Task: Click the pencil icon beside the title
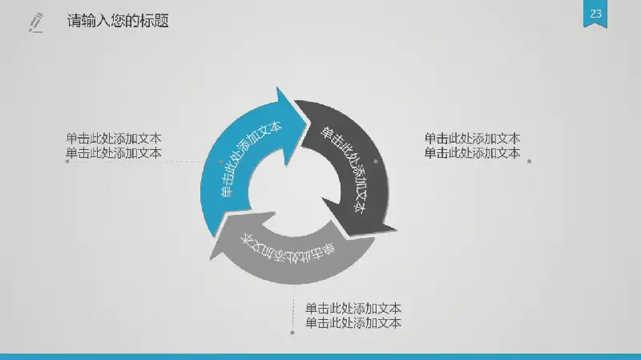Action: pyautogui.click(x=36, y=22)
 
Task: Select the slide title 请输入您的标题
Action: pyautogui.click(x=118, y=21)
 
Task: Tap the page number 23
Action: pyautogui.click(x=595, y=14)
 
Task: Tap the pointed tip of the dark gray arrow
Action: pyautogui.click(x=396, y=230)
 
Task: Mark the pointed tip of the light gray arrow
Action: pyautogui.click(x=210, y=259)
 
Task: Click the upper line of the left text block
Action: pyautogui.click(x=114, y=138)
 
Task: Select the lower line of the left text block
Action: pyautogui.click(x=114, y=153)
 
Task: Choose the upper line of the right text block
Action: pyautogui.click(x=472, y=138)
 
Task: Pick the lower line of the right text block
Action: pyautogui.click(x=472, y=153)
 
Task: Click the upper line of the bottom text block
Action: pyautogui.click(x=353, y=308)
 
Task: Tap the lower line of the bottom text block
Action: pyautogui.click(x=353, y=323)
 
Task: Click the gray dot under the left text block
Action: pyautogui.click(x=67, y=161)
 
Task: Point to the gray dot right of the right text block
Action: pyautogui.click(x=529, y=161)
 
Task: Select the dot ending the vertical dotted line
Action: pyautogui.click(x=292, y=333)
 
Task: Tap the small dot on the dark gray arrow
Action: pyautogui.click(x=376, y=161)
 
